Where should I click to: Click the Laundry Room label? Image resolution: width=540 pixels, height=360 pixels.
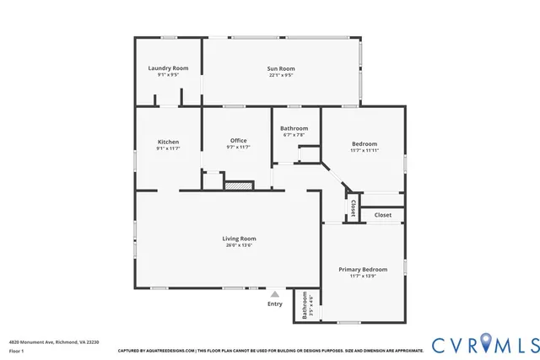(168, 67)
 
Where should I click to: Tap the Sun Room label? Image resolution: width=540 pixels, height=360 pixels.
(281, 67)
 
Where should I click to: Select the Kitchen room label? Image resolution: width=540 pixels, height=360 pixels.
(168, 142)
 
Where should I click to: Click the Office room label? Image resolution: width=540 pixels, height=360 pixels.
(238, 141)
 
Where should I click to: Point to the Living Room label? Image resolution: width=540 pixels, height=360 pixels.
(239, 239)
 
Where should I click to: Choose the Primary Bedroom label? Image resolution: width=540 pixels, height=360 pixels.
(363, 270)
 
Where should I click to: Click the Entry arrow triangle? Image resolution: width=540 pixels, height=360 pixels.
(274, 293)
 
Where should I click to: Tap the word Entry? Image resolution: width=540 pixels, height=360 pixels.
(275, 304)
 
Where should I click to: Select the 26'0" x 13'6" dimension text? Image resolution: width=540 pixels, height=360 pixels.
(239, 245)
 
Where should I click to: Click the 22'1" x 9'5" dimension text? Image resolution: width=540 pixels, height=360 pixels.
(281, 75)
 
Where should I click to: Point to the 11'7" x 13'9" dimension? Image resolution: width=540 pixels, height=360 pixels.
(363, 277)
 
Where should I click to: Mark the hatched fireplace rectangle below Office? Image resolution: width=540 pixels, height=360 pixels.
(239, 184)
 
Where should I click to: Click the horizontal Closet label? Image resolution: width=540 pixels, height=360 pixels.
(383, 215)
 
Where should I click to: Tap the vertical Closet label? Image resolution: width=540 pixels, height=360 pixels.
(353, 207)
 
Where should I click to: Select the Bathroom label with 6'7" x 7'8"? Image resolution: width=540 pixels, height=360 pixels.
(294, 128)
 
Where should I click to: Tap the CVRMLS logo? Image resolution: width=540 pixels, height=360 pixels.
(485, 344)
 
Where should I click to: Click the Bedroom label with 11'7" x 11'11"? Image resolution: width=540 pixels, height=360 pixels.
(364, 143)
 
